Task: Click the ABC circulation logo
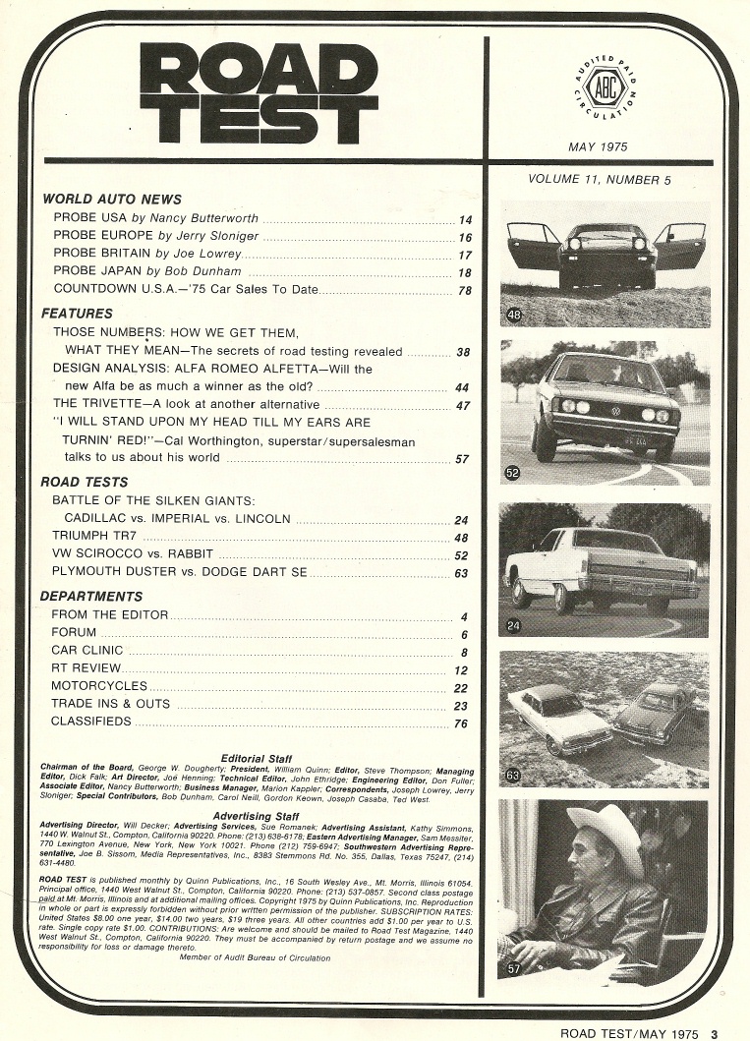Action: pyautogui.click(x=598, y=86)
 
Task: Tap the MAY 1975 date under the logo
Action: pyautogui.click(x=598, y=147)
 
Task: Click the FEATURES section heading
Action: pyautogui.click(x=78, y=314)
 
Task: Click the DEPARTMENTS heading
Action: pyautogui.click(x=91, y=596)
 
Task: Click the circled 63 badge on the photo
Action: pyautogui.click(x=513, y=776)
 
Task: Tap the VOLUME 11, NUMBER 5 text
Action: pyautogui.click(x=599, y=180)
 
